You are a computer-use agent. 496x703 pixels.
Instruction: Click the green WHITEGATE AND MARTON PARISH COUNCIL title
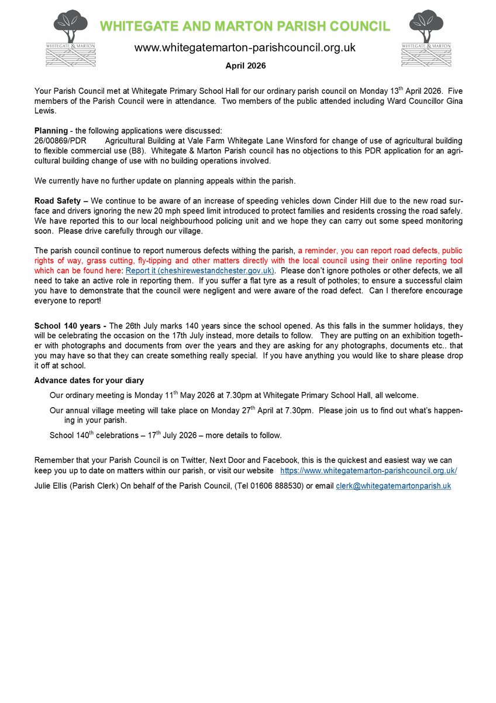pyautogui.click(x=244, y=26)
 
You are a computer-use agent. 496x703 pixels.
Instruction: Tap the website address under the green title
pyautogui.click(x=245, y=47)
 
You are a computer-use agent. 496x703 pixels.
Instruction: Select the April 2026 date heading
pyautogui.click(x=246, y=66)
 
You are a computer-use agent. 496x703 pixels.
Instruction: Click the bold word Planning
pyautogui.click(x=51, y=131)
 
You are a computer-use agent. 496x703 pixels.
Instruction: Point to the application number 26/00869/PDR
pyautogui.click(x=61, y=141)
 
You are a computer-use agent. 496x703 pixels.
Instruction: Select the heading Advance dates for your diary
pyautogui.click(x=89, y=381)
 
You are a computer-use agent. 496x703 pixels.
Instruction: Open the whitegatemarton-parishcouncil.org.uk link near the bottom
pyautogui.click(x=368, y=471)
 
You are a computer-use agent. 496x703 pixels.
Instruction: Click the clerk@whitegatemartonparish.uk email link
pyautogui.click(x=393, y=486)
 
